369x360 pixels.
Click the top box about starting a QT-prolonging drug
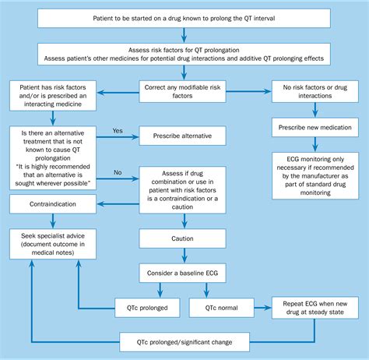click(x=184, y=17)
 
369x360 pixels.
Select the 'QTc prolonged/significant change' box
click(x=184, y=341)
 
